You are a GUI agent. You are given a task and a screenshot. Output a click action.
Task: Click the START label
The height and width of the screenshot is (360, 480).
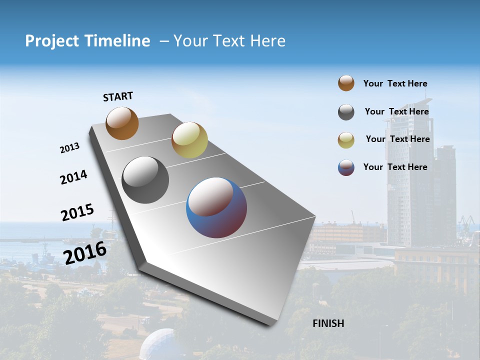click(118, 96)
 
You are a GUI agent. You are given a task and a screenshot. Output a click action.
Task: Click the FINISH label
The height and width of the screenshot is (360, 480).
click(328, 323)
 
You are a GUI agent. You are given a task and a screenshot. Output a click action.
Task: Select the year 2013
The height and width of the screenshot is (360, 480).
click(69, 148)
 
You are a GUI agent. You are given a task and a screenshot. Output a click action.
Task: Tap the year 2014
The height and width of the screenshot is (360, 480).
click(73, 177)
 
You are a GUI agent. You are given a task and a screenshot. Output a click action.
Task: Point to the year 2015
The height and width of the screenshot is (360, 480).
click(77, 212)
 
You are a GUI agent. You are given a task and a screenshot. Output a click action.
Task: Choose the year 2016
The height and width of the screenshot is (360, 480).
click(85, 252)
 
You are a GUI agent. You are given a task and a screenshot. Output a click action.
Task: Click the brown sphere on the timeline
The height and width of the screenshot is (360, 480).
click(122, 123)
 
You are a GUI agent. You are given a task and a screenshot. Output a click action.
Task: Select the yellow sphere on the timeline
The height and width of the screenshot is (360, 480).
click(189, 140)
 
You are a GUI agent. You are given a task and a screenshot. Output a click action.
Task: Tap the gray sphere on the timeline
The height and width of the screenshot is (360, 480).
click(145, 180)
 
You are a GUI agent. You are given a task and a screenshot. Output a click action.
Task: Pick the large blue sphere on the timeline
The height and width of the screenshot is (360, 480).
click(216, 207)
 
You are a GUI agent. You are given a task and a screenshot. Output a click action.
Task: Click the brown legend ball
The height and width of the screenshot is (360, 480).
click(346, 83)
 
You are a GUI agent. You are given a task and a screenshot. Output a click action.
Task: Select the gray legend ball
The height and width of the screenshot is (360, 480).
click(346, 112)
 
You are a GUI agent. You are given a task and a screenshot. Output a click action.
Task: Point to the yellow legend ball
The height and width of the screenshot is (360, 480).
click(346, 140)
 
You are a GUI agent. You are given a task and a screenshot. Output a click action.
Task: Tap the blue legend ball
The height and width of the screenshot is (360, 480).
click(346, 167)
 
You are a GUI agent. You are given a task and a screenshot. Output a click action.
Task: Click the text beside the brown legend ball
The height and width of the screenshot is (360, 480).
click(395, 83)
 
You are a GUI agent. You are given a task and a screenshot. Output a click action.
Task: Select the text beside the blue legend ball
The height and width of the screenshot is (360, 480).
click(395, 167)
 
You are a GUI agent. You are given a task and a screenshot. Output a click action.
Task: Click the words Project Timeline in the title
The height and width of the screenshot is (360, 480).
click(87, 41)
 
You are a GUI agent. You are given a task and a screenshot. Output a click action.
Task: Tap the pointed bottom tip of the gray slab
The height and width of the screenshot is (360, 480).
click(270, 324)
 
